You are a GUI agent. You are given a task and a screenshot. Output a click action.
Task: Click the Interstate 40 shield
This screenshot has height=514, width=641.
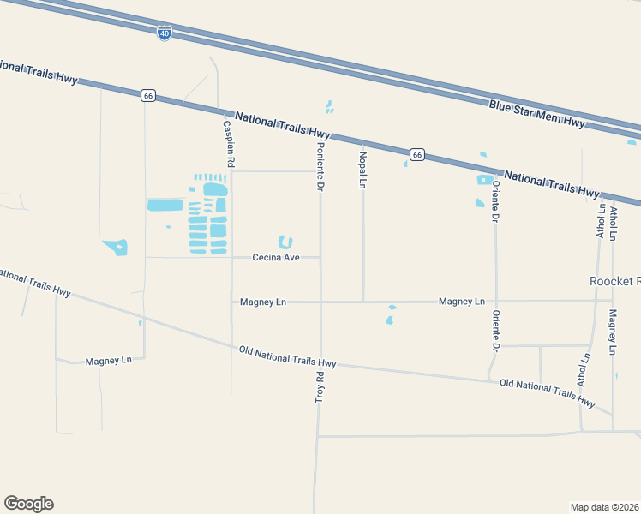(x=164, y=33)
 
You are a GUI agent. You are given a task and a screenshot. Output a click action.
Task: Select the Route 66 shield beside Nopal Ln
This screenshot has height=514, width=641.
(x=417, y=154)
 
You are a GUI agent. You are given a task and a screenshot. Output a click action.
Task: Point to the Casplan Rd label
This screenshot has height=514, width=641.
(x=229, y=143)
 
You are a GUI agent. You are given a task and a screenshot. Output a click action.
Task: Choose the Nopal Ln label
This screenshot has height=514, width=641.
(x=362, y=170)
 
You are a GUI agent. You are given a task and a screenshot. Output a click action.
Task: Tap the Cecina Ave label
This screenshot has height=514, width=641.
(x=276, y=257)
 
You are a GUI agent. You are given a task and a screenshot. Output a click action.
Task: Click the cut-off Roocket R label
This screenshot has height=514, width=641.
(x=615, y=281)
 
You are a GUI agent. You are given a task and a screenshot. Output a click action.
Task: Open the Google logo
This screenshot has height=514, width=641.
(x=28, y=504)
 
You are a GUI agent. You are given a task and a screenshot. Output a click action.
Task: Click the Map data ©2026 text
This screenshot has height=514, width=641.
(x=605, y=506)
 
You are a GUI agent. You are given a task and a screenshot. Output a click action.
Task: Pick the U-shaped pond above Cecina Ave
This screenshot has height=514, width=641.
(x=285, y=242)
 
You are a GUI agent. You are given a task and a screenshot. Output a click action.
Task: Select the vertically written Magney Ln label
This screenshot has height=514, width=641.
(x=612, y=333)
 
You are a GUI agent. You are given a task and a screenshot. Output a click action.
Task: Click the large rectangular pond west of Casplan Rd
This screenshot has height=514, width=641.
(x=165, y=205)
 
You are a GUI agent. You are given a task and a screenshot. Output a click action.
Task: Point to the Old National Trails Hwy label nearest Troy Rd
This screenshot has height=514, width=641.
(x=287, y=356)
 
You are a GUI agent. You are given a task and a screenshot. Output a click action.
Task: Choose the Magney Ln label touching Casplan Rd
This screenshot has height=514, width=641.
(x=263, y=302)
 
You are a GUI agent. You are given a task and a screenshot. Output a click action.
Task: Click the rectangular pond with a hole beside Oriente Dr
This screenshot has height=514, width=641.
(x=484, y=180)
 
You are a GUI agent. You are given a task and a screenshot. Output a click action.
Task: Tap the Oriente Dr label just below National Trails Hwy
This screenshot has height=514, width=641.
(x=495, y=200)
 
